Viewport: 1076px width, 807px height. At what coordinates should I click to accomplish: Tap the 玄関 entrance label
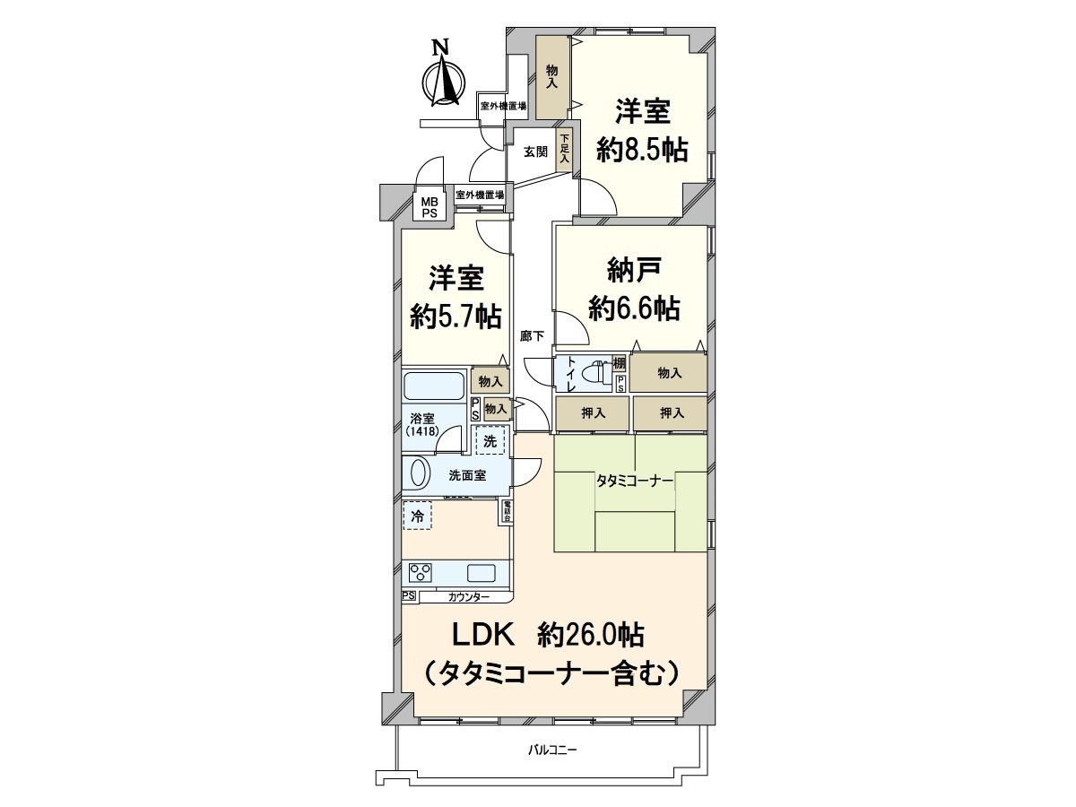point(535,152)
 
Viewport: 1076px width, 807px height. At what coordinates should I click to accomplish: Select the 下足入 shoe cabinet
point(564,149)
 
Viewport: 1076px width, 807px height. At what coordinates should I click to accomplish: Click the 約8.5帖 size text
point(642,149)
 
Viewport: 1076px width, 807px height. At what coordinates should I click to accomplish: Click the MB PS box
point(430,208)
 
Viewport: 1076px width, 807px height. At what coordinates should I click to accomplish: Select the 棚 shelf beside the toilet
point(619,364)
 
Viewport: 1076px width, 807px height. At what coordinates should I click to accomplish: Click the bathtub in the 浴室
point(433,386)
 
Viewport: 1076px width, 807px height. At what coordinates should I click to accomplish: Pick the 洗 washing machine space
point(490,441)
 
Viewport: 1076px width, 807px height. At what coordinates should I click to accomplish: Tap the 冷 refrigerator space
point(417,516)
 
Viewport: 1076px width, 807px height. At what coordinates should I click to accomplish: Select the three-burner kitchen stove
point(421,572)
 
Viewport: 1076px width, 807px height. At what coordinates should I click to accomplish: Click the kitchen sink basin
point(482,572)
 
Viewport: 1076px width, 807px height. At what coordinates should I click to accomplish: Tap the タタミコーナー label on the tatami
point(634,482)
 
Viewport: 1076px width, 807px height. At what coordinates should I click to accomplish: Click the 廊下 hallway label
point(532,336)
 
